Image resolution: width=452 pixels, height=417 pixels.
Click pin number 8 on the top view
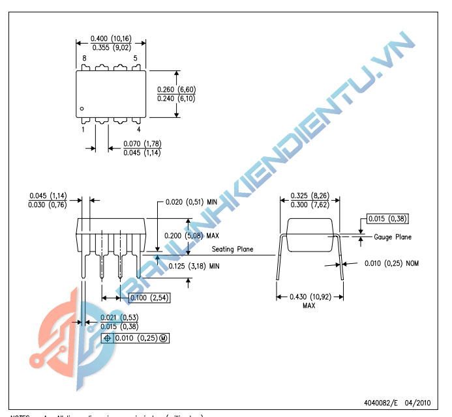point(83,59)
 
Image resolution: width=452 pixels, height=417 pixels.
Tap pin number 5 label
point(135,59)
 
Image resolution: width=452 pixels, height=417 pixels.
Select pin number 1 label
point(83,129)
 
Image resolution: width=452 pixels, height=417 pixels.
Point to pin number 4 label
point(138,129)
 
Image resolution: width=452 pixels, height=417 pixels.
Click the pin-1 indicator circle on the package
point(82,109)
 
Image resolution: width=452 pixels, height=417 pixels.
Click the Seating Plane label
point(233,249)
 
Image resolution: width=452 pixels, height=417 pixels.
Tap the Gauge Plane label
point(393,237)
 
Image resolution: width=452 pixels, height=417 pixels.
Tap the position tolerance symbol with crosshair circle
point(108,338)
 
